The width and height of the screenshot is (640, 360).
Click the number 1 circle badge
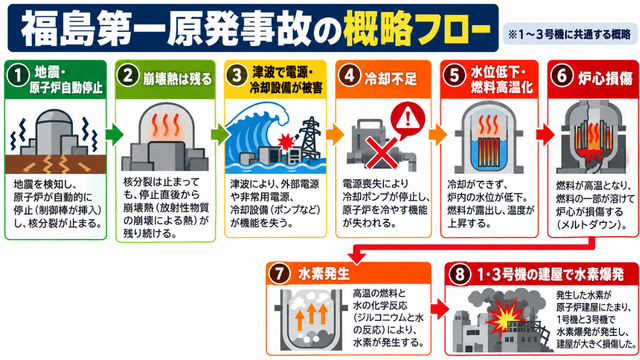click(x=18, y=76)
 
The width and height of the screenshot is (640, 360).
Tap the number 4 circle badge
click(x=349, y=76)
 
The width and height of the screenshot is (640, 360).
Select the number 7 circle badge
click(x=279, y=273)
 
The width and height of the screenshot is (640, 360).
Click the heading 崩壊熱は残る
click(x=177, y=79)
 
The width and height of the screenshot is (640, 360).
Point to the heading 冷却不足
click(x=391, y=79)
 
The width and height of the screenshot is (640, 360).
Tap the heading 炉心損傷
click(x=605, y=78)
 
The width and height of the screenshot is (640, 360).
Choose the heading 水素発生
click(x=324, y=273)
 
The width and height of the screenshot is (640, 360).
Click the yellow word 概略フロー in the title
click(x=416, y=29)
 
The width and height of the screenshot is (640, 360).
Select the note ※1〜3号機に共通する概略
click(x=569, y=34)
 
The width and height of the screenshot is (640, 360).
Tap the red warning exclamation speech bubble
click(x=407, y=120)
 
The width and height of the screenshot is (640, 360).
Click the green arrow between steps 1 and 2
click(x=114, y=135)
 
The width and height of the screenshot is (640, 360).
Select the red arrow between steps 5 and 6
click(x=545, y=135)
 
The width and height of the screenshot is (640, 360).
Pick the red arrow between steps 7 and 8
click(x=439, y=309)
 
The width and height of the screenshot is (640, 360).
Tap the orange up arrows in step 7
click(x=312, y=317)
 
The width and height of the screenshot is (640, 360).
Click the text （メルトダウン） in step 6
click(x=590, y=225)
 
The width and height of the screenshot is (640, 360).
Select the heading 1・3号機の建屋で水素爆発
click(x=550, y=274)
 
